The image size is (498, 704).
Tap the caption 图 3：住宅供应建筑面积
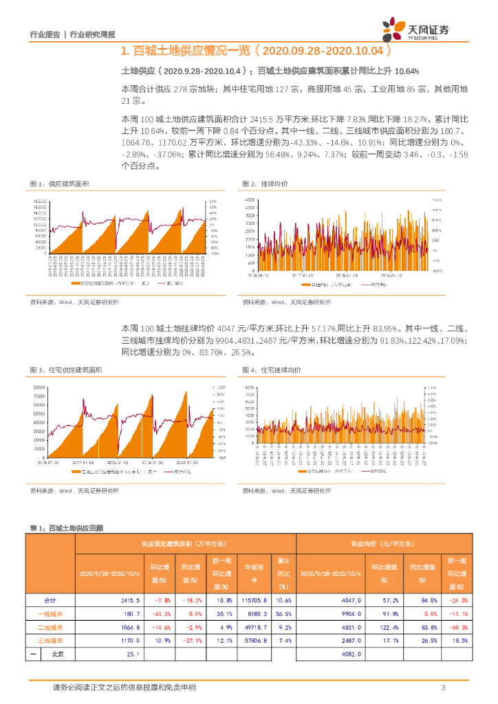(66, 371)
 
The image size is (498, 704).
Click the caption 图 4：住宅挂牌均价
(272, 371)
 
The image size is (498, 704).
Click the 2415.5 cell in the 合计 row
(130, 600)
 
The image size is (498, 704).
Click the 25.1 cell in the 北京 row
(133, 654)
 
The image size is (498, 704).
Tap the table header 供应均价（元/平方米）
(382, 543)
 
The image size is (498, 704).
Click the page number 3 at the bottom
(444, 688)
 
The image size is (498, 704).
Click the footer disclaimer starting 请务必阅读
(124, 688)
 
